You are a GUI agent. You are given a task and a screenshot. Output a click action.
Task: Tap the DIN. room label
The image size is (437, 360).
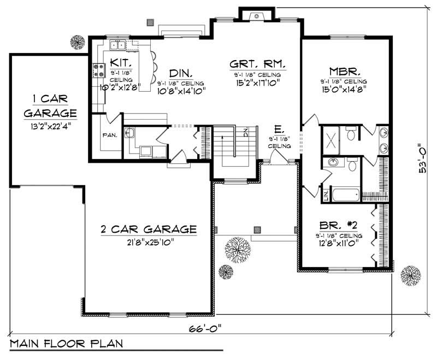click(x=180, y=73)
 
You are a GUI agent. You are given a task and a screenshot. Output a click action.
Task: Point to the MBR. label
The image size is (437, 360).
click(x=343, y=71)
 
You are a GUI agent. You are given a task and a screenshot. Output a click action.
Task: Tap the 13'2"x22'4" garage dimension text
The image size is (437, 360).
click(x=49, y=125)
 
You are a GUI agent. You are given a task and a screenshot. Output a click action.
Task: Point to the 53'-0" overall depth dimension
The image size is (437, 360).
click(x=423, y=158)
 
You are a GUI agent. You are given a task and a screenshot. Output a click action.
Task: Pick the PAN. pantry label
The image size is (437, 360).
click(x=108, y=134)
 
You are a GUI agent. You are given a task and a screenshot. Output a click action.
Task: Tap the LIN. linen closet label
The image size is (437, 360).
click(x=326, y=196)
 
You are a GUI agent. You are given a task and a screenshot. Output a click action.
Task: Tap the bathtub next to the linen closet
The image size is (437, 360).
click(x=346, y=195)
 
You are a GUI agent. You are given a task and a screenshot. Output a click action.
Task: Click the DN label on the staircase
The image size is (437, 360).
click(x=246, y=132)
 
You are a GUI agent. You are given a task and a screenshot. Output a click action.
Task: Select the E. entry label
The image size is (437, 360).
click(x=278, y=129)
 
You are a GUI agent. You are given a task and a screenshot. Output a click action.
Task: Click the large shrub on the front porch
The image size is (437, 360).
click(x=237, y=250)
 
